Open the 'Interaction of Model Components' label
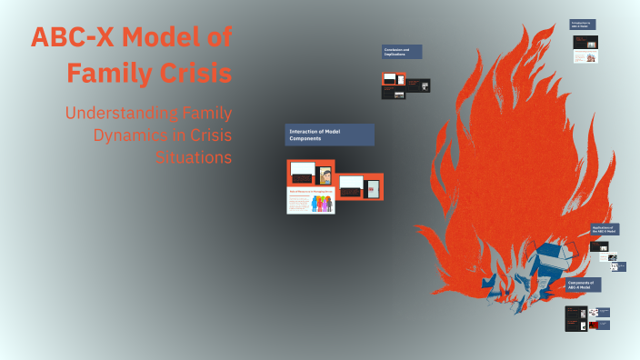329,135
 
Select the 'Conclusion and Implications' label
402,52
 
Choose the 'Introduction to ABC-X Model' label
583,25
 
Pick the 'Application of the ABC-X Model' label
605,229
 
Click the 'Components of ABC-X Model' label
583,285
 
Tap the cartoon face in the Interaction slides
325,175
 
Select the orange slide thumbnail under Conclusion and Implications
418,85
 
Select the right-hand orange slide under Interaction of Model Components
361,186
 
